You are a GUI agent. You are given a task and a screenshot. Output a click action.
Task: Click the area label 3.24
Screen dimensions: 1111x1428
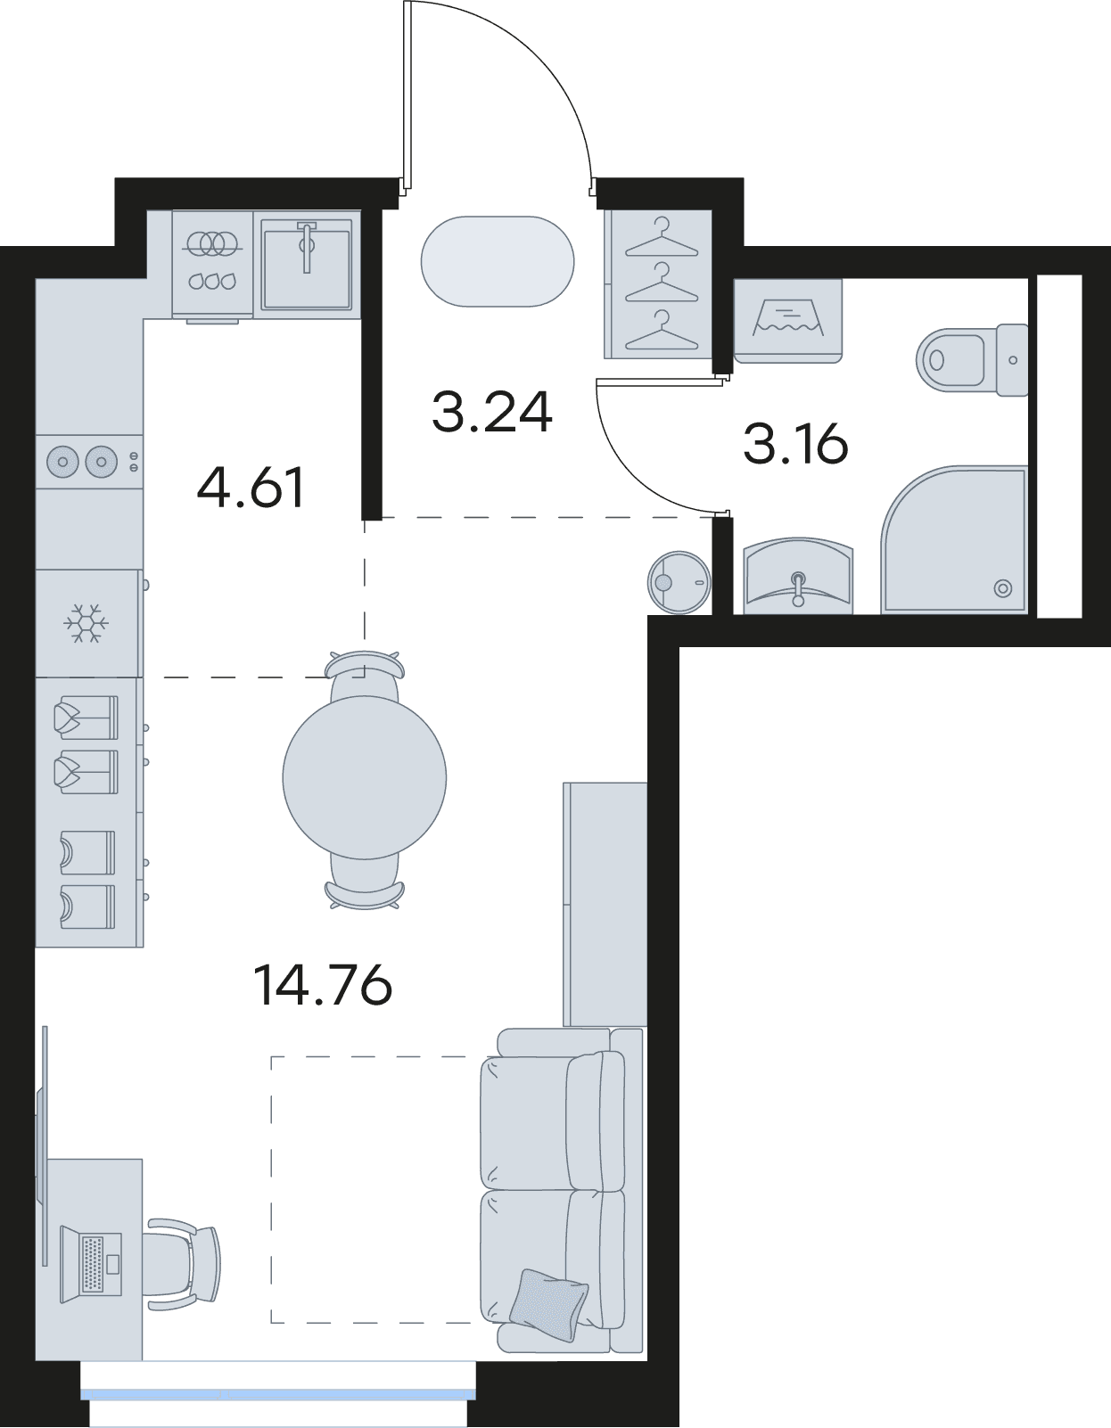491,412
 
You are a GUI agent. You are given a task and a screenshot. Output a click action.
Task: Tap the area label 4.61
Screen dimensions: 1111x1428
251,488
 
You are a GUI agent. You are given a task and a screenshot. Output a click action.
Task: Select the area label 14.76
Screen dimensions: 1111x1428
322,984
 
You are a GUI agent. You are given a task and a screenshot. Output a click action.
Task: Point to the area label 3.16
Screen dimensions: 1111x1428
795,444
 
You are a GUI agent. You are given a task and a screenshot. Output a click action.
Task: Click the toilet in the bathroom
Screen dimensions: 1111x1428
972,359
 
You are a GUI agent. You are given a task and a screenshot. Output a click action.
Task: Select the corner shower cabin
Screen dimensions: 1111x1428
954,539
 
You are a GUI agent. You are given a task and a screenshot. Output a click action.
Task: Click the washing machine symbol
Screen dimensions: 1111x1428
787,320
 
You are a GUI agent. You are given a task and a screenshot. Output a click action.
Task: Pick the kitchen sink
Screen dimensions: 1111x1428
307,264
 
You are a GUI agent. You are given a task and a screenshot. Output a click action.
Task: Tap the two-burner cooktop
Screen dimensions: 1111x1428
89,462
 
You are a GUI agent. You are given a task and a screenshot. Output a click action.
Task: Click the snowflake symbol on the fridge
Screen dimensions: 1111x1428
81,623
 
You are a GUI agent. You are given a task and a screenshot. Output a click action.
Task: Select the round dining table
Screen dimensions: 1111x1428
364,777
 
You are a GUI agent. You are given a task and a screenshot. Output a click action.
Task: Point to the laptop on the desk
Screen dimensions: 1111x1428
91,1263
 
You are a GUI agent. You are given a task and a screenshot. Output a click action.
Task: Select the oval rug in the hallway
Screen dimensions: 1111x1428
498,261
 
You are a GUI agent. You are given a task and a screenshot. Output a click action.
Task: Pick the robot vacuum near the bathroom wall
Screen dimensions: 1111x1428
679,581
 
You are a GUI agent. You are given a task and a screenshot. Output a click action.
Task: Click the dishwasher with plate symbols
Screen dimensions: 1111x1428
213,265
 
